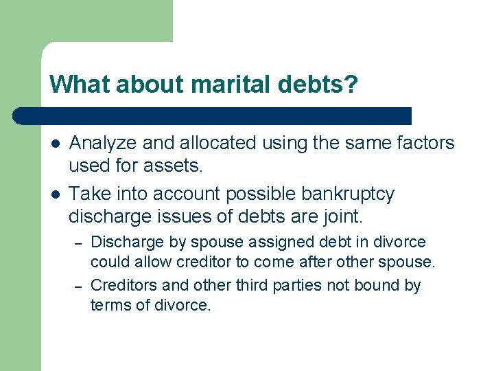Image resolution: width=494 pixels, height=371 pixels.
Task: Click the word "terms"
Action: tap(108, 304)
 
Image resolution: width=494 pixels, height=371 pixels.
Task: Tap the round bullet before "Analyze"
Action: tap(55, 144)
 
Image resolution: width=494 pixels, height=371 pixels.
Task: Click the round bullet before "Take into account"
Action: tap(55, 194)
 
